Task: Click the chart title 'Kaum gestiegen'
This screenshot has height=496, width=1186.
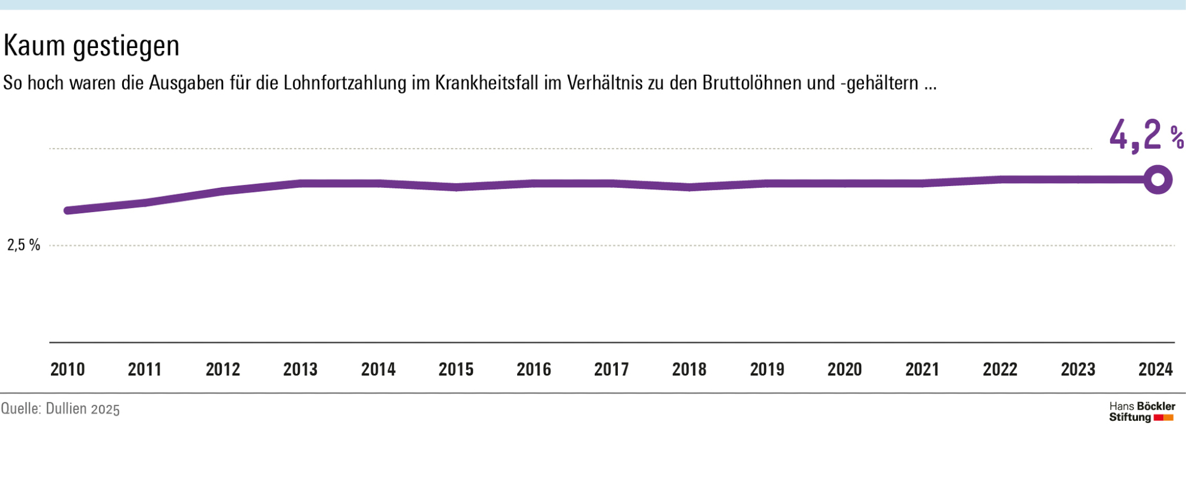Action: [x=91, y=46]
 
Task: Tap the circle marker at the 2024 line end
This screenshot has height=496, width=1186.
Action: [x=1158, y=180]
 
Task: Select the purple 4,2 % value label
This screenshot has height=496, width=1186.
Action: [x=1145, y=136]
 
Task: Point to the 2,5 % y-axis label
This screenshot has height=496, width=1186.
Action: [x=24, y=245]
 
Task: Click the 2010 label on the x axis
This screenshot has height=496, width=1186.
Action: [x=68, y=369]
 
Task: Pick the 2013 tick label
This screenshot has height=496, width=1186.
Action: [x=300, y=369]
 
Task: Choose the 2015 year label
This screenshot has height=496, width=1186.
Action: [x=456, y=369]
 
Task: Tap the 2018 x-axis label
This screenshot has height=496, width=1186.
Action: [x=689, y=369]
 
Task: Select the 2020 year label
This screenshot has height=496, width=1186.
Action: [x=844, y=369]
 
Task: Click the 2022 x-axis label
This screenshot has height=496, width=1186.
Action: [x=1000, y=369]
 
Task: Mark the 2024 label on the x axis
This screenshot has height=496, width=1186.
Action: [x=1155, y=369]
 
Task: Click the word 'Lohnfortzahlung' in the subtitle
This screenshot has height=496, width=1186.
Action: [x=345, y=83]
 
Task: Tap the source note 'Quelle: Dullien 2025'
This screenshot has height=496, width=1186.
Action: [x=60, y=409]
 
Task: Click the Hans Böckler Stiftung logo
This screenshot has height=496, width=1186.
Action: [x=1142, y=412]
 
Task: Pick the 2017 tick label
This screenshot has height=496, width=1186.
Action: [x=611, y=369]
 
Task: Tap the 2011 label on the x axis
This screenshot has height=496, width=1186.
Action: [x=145, y=369]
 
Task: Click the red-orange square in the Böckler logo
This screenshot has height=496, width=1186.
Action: [x=1163, y=418]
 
